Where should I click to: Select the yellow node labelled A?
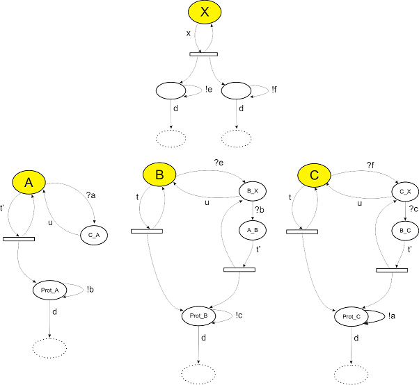[29, 182]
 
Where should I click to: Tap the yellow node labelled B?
[159, 175]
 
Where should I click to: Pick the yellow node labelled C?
[314, 175]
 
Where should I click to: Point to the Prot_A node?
[49, 290]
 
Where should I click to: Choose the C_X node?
[406, 190]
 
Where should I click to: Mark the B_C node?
[406, 227]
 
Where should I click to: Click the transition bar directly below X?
[204, 54]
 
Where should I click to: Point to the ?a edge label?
[90, 197]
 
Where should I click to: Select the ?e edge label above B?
[218, 163]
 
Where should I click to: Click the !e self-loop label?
[209, 89]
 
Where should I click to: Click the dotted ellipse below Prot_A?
[49, 347]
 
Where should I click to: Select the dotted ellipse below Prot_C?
[351, 374]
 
